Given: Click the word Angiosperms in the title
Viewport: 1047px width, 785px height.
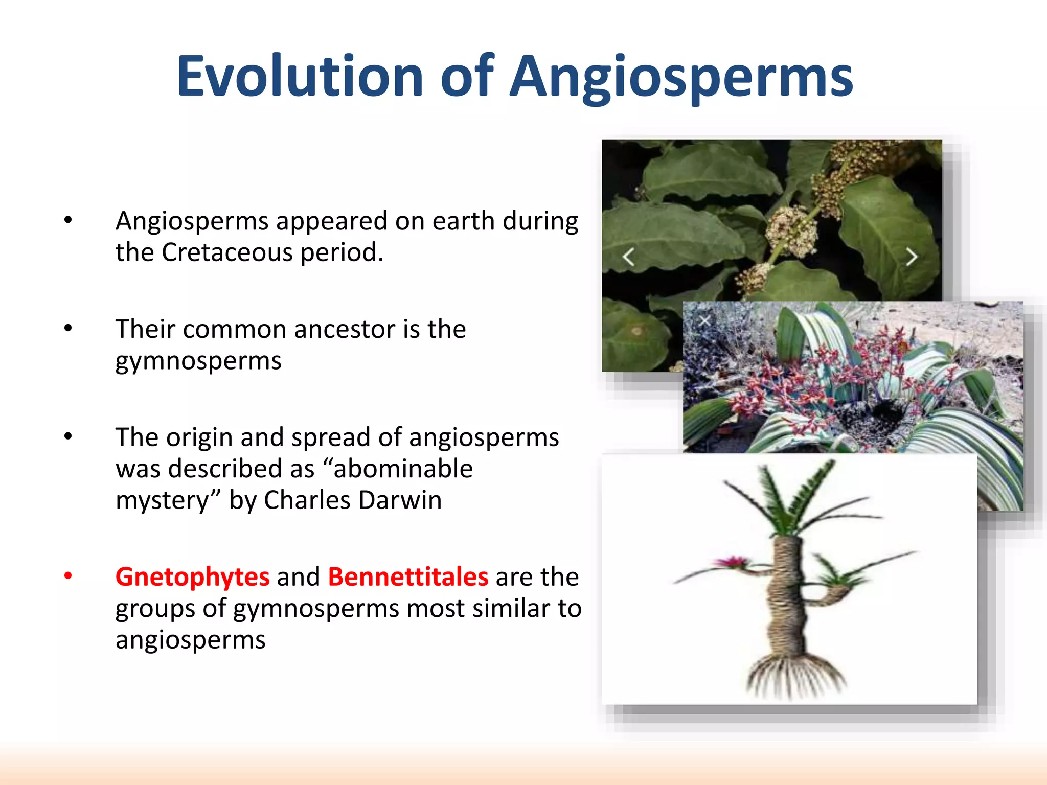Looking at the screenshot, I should point(682,77).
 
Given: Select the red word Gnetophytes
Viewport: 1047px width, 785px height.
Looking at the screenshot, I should point(192,577).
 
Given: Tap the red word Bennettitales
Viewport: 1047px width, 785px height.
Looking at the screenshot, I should point(408,577).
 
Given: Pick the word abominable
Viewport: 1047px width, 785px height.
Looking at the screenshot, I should point(403,469).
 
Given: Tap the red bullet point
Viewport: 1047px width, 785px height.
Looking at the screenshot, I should point(68,576).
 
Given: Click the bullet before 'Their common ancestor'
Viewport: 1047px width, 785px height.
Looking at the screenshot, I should point(68,329).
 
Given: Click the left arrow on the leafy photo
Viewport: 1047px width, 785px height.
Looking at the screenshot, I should point(629,257).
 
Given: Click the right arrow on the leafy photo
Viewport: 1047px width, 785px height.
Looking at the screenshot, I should point(911,257).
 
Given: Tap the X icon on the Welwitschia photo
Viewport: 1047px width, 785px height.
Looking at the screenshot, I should point(704,320).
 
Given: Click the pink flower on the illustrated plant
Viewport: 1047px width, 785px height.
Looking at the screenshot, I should point(733,563).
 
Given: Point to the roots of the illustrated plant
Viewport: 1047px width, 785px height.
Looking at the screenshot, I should point(795,675).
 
